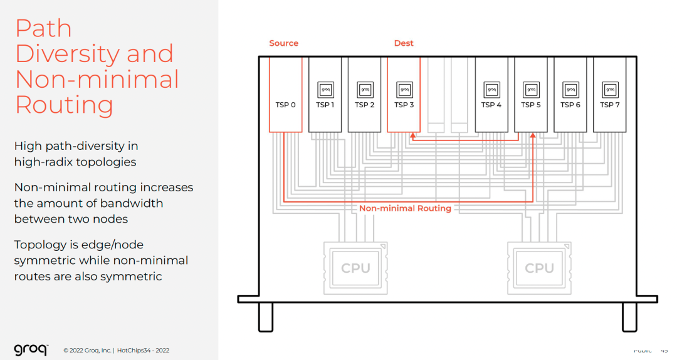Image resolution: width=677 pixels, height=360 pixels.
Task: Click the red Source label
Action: point(283,43)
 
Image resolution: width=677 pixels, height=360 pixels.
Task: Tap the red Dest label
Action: point(404,43)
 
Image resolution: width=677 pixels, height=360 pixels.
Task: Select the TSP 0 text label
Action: point(285,105)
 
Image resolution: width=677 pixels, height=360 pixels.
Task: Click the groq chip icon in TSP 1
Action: point(325,89)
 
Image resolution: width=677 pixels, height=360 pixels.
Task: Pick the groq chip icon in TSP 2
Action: point(364,89)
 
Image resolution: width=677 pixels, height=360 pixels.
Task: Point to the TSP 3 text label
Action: point(404,105)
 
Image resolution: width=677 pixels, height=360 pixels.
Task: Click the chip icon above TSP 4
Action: point(491,89)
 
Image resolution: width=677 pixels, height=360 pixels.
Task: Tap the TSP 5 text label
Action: point(531,105)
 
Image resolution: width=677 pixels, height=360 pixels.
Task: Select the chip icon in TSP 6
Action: point(570,89)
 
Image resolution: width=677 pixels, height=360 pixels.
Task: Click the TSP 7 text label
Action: point(609,105)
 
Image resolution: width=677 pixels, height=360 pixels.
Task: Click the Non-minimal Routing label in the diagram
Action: point(405,208)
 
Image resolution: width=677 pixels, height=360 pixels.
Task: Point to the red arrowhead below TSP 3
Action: point(412,135)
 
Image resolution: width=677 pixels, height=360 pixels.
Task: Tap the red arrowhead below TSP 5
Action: point(532,135)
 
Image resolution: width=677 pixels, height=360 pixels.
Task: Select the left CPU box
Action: point(355,268)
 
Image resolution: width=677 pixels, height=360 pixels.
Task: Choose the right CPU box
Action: point(539,268)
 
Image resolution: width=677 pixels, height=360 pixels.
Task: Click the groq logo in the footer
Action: point(30,350)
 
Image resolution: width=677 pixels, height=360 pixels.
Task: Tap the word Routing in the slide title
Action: point(64,105)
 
